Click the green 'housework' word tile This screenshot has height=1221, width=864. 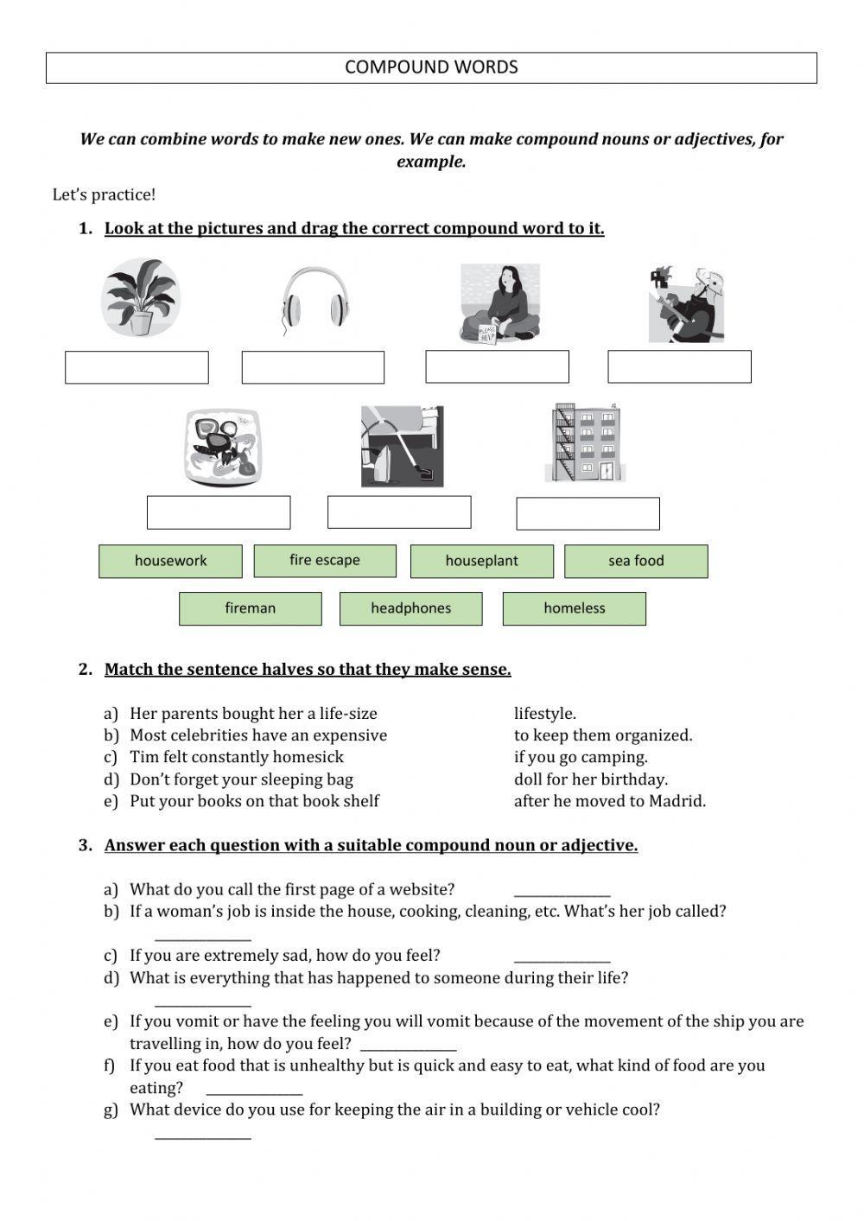point(170,561)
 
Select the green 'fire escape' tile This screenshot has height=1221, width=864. point(325,560)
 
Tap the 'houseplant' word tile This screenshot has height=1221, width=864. point(481,561)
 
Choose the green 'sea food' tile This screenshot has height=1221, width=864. point(636,561)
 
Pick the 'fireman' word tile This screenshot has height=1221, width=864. point(250,608)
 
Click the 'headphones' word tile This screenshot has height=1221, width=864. point(410,608)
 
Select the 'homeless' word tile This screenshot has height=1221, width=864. point(574,608)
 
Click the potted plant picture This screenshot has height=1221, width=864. point(140,297)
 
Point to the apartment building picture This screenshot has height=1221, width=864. point(586,442)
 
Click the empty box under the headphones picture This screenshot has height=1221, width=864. point(313,367)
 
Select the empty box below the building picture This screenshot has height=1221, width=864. point(588,513)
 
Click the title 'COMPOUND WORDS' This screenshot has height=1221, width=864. point(431,67)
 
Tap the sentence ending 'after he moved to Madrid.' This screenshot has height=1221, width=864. point(609,801)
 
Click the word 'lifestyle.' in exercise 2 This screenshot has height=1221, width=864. point(544,714)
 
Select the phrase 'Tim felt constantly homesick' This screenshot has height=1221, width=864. point(236,757)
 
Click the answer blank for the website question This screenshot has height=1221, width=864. point(562,893)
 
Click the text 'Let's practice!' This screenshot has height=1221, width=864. point(104,195)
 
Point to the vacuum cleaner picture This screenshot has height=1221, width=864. point(402,446)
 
